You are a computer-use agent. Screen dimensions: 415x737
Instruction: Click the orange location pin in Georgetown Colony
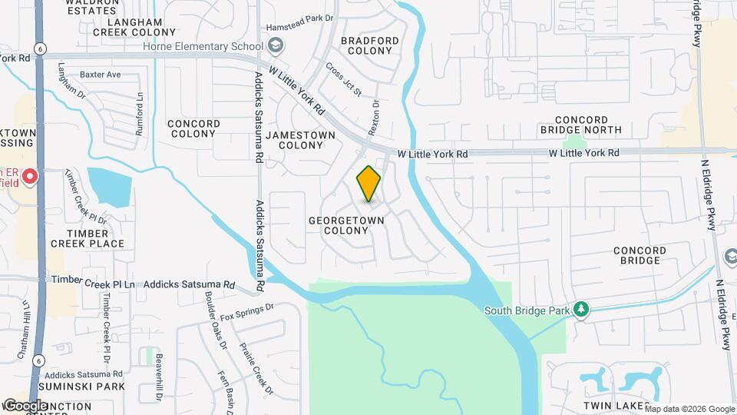pyautogui.click(x=369, y=184)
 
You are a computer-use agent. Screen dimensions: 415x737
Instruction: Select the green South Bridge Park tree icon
pyautogui.click(x=581, y=310)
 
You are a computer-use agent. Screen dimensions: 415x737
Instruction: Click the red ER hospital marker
pyautogui.click(x=30, y=178)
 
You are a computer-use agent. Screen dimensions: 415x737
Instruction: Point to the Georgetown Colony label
pyautogui.click(x=346, y=225)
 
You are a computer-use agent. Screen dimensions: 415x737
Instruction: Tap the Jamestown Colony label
pyautogui.click(x=301, y=140)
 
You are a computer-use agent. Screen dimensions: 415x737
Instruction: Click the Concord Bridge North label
pyautogui.click(x=587, y=125)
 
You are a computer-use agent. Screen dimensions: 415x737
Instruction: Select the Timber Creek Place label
pyautogui.click(x=88, y=238)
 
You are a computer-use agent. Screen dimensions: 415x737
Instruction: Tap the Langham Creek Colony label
pyautogui.click(x=134, y=28)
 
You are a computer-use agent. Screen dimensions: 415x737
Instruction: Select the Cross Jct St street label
pyautogui.click(x=343, y=79)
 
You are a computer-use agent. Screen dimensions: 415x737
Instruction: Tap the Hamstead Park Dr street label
pyautogui.click(x=301, y=28)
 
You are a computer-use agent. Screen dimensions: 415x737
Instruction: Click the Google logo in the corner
pyautogui.click(x=25, y=405)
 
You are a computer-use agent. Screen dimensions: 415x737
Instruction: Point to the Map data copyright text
pyautogui.click(x=688, y=408)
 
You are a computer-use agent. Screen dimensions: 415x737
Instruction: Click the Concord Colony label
pyautogui.click(x=193, y=128)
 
